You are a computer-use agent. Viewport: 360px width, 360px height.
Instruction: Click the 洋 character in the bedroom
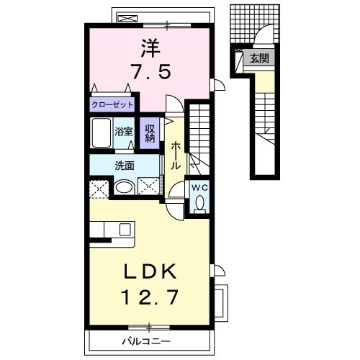pyautogui.click(x=150, y=48)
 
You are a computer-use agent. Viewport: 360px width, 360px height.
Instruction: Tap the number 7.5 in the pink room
pyautogui.click(x=151, y=71)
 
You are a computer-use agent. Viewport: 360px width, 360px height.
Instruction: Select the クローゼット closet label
pyautogui.click(x=112, y=104)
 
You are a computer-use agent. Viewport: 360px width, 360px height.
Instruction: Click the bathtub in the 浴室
pyautogui.click(x=102, y=132)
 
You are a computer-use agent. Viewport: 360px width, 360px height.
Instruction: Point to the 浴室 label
pyautogui.click(x=123, y=131)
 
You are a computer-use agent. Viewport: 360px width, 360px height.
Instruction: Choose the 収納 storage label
pyautogui.click(x=150, y=133)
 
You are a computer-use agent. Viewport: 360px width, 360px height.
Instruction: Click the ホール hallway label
pyautogui.click(x=176, y=156)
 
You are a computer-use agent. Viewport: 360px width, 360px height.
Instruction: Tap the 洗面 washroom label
pyautogui.click(x=125, y=166)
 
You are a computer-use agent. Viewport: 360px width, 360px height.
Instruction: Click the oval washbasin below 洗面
pyautogui.click(x=124, y=187)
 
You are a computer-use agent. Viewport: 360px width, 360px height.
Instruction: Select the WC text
pyautogui.click(x=199, y=188)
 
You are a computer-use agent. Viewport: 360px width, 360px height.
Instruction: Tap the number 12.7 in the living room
pyautogui.click(x=150, y=297)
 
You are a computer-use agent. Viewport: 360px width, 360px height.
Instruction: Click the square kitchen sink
pyautogui.click(x=125, y=230)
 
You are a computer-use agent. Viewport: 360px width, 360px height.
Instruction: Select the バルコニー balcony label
pyautogui.click(x=146, y=341)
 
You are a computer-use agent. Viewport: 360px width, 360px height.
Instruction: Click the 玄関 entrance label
pyautogui.click(x=259, y=58)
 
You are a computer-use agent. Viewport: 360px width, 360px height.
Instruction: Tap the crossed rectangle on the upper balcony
pyautogui.click(x=128, y=19)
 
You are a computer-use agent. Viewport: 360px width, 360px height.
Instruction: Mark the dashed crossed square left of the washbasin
pyautogui.click(x=99, y=189)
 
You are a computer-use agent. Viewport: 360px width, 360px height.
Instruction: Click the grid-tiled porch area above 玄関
pyautogui.click(x=255, y=24)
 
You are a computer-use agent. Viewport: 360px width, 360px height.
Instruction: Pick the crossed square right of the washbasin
pyautogui.click(x=148, y=186)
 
